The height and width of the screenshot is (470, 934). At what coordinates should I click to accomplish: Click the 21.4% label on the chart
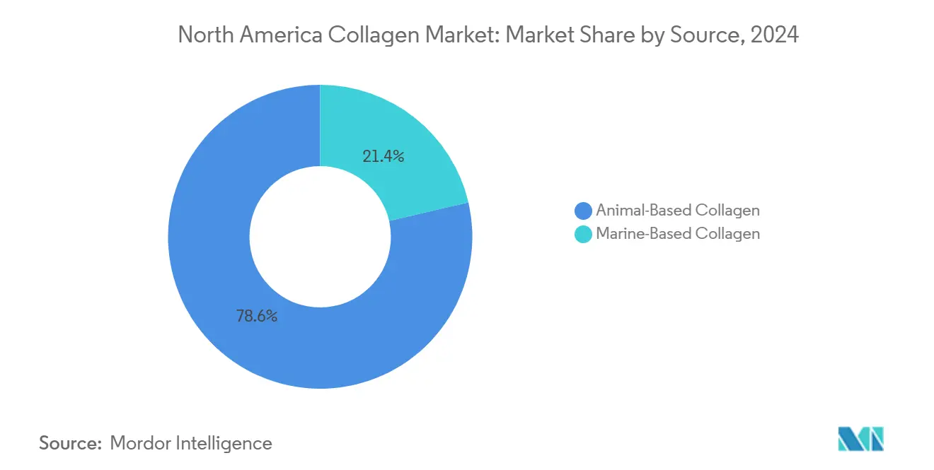(383, 157)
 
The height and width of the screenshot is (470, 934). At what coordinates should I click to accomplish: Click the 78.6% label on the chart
(256, 316)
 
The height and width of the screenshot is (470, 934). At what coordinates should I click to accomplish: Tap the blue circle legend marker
(583, 211)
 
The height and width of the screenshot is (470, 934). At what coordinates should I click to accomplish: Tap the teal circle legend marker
(583, 234)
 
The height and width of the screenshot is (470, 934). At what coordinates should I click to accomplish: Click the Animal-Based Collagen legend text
(677, 211)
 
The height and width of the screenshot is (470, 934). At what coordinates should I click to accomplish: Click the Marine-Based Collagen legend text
(677, 234)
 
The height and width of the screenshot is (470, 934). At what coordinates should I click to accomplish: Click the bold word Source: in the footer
(71, 443)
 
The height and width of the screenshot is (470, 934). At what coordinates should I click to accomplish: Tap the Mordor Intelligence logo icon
(860, 439)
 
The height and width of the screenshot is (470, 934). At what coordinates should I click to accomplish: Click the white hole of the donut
(320, 237)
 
